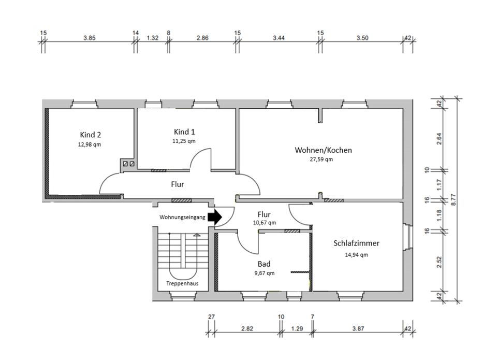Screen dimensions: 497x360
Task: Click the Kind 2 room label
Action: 90,135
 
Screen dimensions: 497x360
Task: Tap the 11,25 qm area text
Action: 184,141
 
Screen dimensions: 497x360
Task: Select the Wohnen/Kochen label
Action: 323,150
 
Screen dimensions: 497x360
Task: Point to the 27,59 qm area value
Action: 321,160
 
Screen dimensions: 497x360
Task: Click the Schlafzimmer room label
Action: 357,243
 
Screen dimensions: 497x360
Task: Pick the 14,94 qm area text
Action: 356,254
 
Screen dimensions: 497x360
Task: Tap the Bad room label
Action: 264,264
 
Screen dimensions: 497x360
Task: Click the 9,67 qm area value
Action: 264,273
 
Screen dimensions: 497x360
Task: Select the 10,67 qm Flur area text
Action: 264,223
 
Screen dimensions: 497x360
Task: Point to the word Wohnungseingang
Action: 182,218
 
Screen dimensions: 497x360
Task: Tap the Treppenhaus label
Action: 181,284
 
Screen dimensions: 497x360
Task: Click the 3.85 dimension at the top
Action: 91,38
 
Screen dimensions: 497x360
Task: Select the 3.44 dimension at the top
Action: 279,38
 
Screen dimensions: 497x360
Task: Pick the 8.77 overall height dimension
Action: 454,199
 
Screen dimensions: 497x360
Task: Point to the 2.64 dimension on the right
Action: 439,139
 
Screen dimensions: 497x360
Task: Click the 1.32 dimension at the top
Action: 152,38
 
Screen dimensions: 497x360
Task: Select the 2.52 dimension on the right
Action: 439,263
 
